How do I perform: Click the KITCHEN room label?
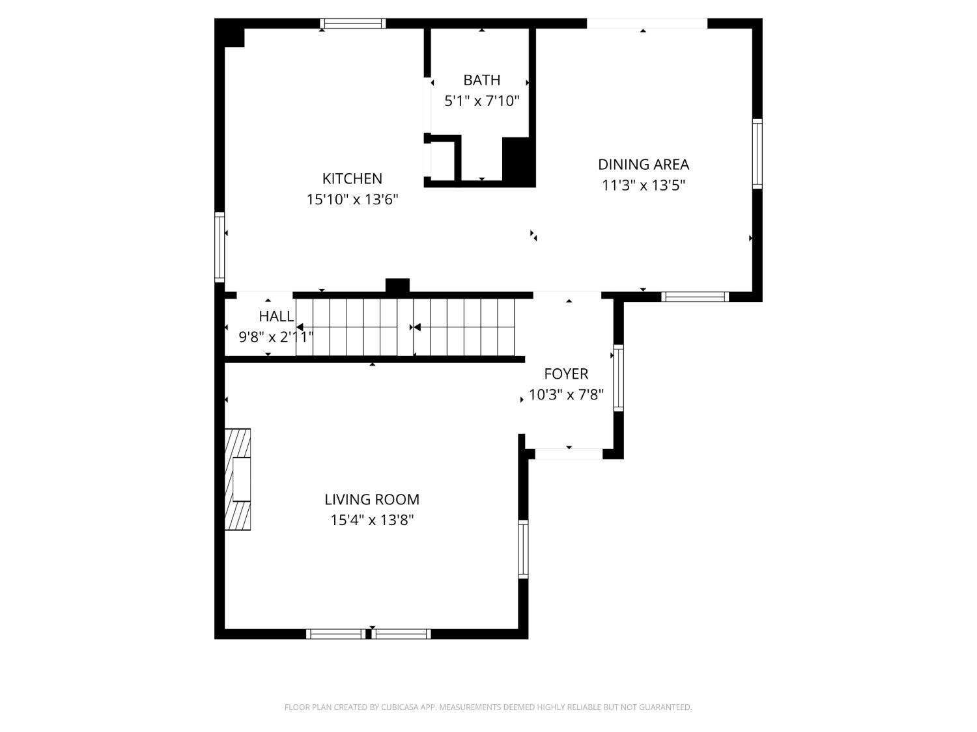(352, 178)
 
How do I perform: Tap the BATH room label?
(481, 80)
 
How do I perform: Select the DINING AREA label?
(644, 165)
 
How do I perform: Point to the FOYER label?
(566, 374)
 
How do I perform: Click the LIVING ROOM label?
(372, 500)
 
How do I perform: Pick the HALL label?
(276, 317)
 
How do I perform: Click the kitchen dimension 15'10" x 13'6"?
(352, 199)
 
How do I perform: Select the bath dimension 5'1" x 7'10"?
(481, 101)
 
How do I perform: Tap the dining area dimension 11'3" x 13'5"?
(644, 185)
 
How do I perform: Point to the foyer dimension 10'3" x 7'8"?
(566, 395)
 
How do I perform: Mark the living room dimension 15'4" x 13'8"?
(372, 521)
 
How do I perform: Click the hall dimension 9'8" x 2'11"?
(276, 338)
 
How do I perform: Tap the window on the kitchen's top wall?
(353, 24)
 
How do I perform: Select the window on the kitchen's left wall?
(219, 247)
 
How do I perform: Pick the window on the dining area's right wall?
(758, 154)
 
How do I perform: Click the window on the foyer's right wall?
(618, 378)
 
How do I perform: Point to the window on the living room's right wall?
(523, 549)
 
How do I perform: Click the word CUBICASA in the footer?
(399, 707)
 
